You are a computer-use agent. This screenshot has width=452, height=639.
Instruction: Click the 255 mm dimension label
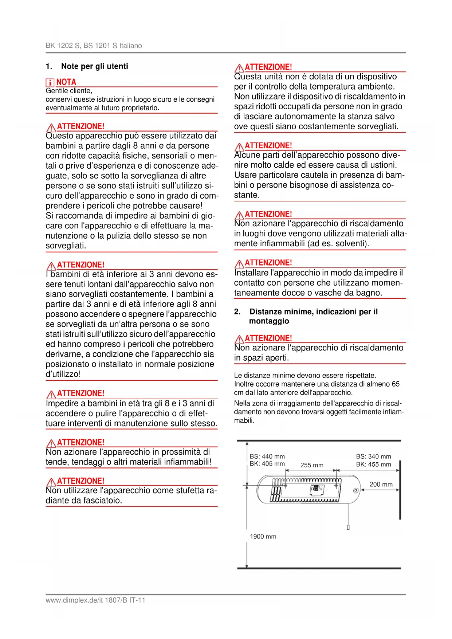tap(312, 465)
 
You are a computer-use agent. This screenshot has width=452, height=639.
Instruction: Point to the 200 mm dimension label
tap(381, 485)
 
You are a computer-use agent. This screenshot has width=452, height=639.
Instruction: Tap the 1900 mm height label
tap(263, 537)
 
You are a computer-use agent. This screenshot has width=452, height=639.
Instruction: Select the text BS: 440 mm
tap(267, 456)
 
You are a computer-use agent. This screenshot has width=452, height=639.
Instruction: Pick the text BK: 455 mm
tap(374, 464)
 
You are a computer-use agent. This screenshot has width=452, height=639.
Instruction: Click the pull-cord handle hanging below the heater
tap(348, 527)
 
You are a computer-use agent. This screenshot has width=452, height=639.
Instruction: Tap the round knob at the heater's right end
tap(355, 491)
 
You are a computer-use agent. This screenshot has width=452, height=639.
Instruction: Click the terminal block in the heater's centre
tap(316, 489)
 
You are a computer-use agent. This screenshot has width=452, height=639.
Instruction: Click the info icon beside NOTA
tap(50, 82)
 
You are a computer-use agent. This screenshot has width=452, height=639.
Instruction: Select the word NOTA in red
tap(66, 82)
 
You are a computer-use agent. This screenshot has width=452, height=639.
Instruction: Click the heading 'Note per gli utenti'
tap(95, 66)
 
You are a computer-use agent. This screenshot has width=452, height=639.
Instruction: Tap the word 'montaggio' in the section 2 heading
tap(269, 321)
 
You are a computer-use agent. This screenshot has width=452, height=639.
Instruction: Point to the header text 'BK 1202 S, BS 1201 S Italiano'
tap(94, 46)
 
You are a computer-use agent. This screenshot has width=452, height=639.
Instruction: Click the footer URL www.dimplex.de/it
tap(74, 600)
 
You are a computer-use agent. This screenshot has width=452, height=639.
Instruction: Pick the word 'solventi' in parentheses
tap(351, 244)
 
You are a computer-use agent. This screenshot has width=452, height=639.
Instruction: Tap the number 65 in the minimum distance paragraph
tap(396, 384)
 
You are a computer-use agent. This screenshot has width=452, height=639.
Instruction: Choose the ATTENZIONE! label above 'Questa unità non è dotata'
tap(268, 67)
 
